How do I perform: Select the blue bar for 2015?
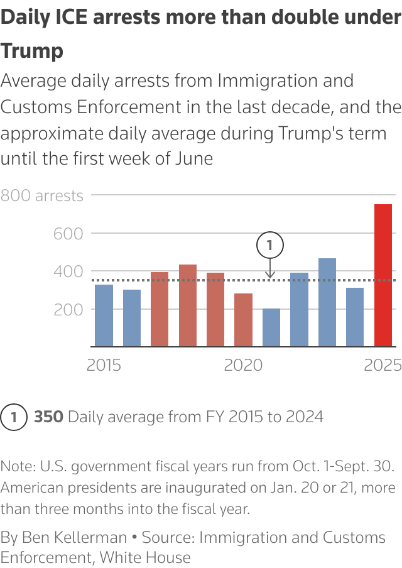104,315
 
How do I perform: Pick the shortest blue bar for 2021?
271,327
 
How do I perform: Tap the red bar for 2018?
188,305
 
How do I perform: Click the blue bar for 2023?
327,302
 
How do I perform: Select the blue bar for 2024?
355,317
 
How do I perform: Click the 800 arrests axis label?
42,195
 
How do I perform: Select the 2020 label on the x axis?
243,365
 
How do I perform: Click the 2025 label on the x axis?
383,365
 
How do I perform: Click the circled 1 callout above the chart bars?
270,245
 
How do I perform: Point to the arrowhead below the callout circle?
270,275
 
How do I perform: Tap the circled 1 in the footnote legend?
14,417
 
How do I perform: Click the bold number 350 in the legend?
48,417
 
